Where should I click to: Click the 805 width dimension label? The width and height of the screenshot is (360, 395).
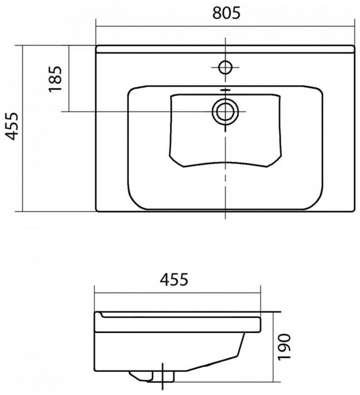[226, 13]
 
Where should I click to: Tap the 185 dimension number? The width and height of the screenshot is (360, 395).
[55, 79]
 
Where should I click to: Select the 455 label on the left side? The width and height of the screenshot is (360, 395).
[12, 126]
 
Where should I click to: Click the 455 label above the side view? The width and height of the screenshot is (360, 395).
[174, 279]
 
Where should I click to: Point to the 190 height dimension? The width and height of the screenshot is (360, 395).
[284, 347]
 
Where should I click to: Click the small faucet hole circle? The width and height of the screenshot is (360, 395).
[225, 67]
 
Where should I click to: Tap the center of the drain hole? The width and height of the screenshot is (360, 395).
[225, 111]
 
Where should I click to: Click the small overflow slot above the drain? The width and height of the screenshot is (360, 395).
[225, 90]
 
